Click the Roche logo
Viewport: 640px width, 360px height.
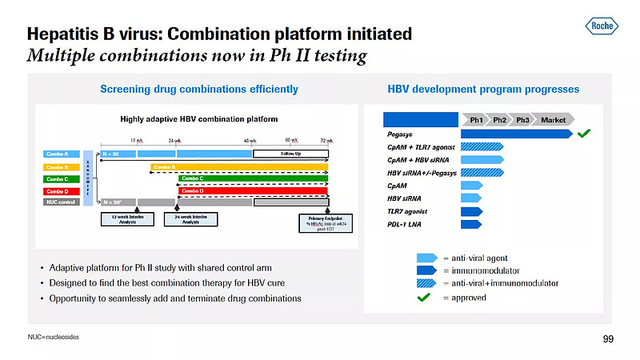coord(601,27)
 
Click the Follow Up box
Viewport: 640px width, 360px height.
coord(290,154)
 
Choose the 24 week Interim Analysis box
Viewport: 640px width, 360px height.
coord(190,220)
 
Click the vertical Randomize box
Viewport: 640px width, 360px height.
coord(88,178)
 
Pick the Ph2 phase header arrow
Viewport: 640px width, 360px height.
coord(499,120)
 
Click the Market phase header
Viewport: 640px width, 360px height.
coord(553,120)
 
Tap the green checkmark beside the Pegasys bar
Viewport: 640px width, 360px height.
coord(584,134)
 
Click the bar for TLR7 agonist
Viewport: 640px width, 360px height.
coord(472,211)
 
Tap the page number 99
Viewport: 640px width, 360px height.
coord(608,340)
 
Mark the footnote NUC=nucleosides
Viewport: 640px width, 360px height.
coord(54,337)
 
